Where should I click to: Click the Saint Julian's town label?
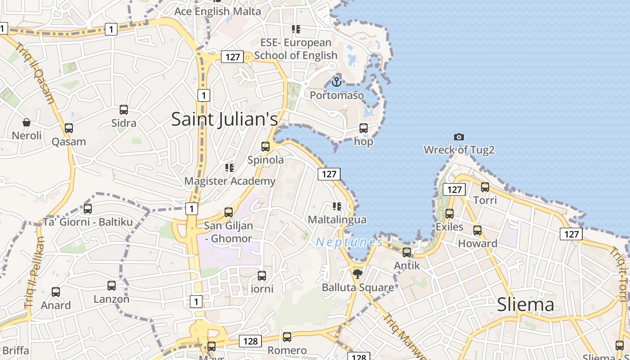click(225, 119)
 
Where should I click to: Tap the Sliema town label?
click(525, 305)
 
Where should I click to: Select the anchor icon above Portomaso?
click(336, 82)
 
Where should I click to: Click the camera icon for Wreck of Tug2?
click(459, 137)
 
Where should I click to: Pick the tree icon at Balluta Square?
click(358, 274)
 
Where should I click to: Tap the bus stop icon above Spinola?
click(265, 146)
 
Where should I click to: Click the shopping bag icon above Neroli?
click(27, 122)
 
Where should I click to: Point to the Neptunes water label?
click(349, 242)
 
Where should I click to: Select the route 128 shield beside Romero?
click(250, 341)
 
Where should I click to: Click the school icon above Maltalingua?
click(337, 207)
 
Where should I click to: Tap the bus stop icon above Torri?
click(485, 187)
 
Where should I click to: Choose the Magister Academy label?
click(230, 181)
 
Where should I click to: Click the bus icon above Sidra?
click(124, 109)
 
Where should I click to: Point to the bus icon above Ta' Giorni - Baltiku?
click(88, 209)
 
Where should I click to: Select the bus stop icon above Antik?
click(407, 252)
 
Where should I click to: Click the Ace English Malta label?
click(218, 11)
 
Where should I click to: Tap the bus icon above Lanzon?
click(112, 285)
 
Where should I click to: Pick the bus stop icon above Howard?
click(477, 230)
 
